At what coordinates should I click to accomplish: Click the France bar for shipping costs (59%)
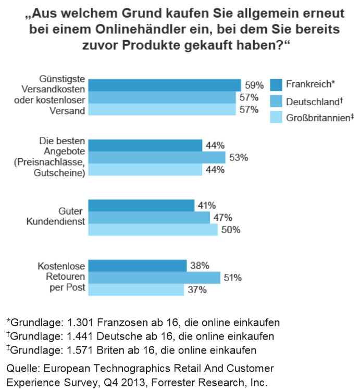click(x=164, y=85)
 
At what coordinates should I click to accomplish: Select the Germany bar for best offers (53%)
click(x=156, y=157)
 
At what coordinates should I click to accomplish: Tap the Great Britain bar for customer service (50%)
click(x=153, y=230)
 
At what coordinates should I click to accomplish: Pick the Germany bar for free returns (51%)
click(x=154, y=278)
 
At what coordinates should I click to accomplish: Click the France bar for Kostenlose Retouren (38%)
click(x=138, y=266)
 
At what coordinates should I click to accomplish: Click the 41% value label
click(x=206, y=205)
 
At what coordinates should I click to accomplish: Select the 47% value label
click(x=221, y=218)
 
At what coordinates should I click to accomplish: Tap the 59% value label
click(x=253, y=84)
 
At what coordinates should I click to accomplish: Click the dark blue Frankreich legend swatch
click(x=276, y=84)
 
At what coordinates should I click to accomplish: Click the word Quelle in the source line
click(x=20, y=368)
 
